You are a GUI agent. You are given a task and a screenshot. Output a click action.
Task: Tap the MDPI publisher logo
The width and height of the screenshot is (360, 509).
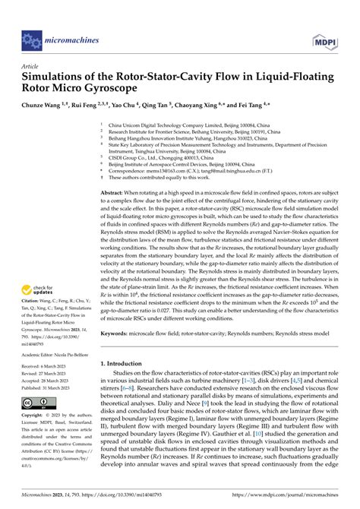click(326, 36)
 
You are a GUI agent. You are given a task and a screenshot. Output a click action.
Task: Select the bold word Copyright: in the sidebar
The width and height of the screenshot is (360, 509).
click(35, 416)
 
